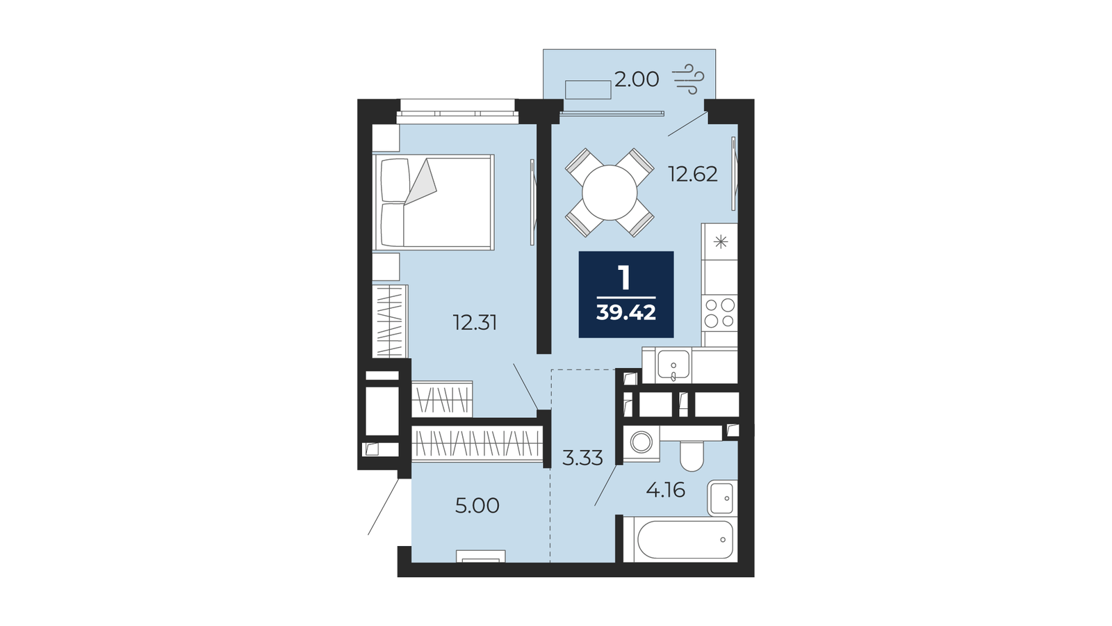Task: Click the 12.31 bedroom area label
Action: (475, 323)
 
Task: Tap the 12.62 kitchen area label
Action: (692, 175)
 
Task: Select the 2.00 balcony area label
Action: (637, 79)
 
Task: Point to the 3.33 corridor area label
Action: (582, 458)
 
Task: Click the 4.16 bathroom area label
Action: (665, 490)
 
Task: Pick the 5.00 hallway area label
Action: (477, 506)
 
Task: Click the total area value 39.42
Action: (626, 313)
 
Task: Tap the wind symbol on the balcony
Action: (688, 79)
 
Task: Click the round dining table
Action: (610, 193)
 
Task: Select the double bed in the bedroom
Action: (434, 202)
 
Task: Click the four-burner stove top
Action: (719, 314)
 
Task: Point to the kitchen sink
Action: (673, 365)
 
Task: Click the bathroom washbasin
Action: (722, 498)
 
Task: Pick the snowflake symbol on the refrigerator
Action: (720, 243)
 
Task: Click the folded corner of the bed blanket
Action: (420, 182)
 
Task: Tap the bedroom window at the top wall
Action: (457, 111)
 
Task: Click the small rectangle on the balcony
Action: (588, 90)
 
